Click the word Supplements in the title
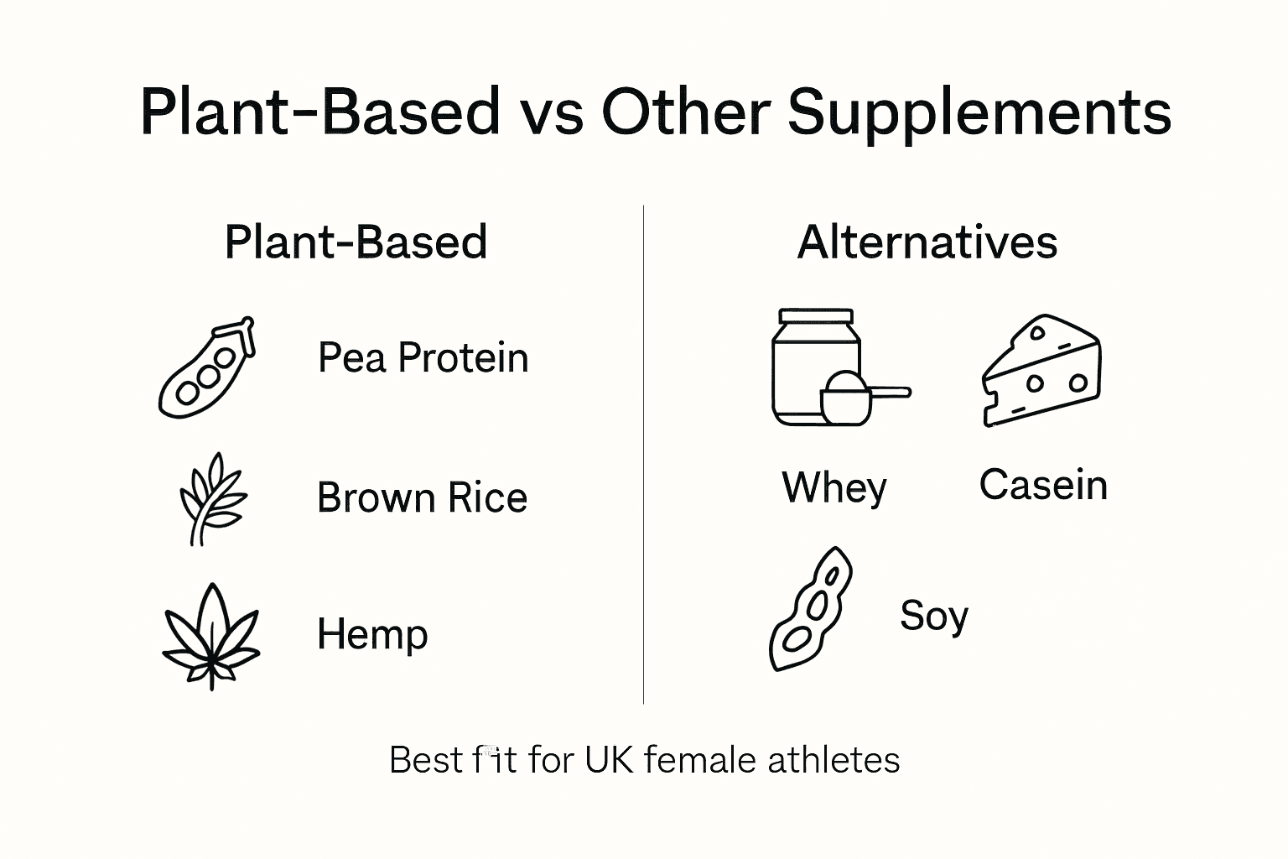pyautogui.click(x=979, y=113)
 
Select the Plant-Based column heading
pyautogui.click(x=356, y=242)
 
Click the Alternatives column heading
pyautogui.click(x=927, y=242)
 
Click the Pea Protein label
pyautogui.click(x=423, y=358)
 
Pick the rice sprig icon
pyautogui.click(x=211, y=498)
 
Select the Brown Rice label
pyautogui.click(x=422, y=498)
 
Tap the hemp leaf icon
pyautogui.click(x=211, y=635)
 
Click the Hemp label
pyautogui.click(x=372, y=634)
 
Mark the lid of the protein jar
pyautogui.click(x=816, y=317)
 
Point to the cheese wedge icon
pyautogui.click(x=1041, y=371)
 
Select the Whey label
pyautogui.click(x=834, y=487)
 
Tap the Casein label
pyautogui.click(x=1043, y=486)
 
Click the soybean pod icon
pyautogui.click(x=810, y=609)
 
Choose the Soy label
pyautogui.click(x=933, y=617)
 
